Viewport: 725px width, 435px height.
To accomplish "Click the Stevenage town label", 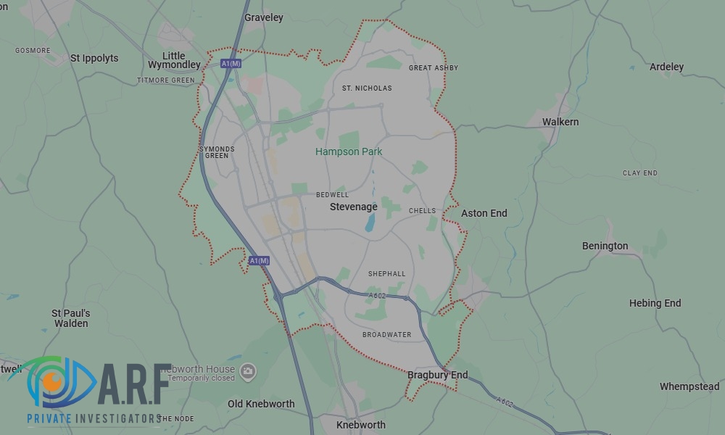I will point(353,207).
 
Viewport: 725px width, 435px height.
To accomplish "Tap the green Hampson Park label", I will point(349,152).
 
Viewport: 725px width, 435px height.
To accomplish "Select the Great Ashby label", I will point(434,68).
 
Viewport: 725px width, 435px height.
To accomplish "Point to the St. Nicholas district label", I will point(367,88).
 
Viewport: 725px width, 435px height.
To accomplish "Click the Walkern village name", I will point(560,122).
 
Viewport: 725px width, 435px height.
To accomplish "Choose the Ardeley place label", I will point(666,67).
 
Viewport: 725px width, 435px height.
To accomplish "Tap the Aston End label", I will point(484,213).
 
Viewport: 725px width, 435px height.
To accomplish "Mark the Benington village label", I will point(605,246).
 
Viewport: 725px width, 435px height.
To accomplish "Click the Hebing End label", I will point(655,303).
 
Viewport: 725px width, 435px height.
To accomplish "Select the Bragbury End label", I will point(437,375).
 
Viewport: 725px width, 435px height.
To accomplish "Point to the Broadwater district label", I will point(386,335).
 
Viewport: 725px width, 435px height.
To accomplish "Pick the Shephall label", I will point(386,274).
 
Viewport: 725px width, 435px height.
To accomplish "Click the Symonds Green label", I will point(217,152).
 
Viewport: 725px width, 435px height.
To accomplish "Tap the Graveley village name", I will point(264,17).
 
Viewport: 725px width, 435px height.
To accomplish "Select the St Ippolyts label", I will point(94,58).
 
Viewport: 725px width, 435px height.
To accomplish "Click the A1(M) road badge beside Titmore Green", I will point(231,64).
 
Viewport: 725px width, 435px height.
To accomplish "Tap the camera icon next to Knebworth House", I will point(248,371).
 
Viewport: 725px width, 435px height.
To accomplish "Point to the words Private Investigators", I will point(94,419).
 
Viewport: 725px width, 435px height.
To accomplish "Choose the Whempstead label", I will point(689,386).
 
